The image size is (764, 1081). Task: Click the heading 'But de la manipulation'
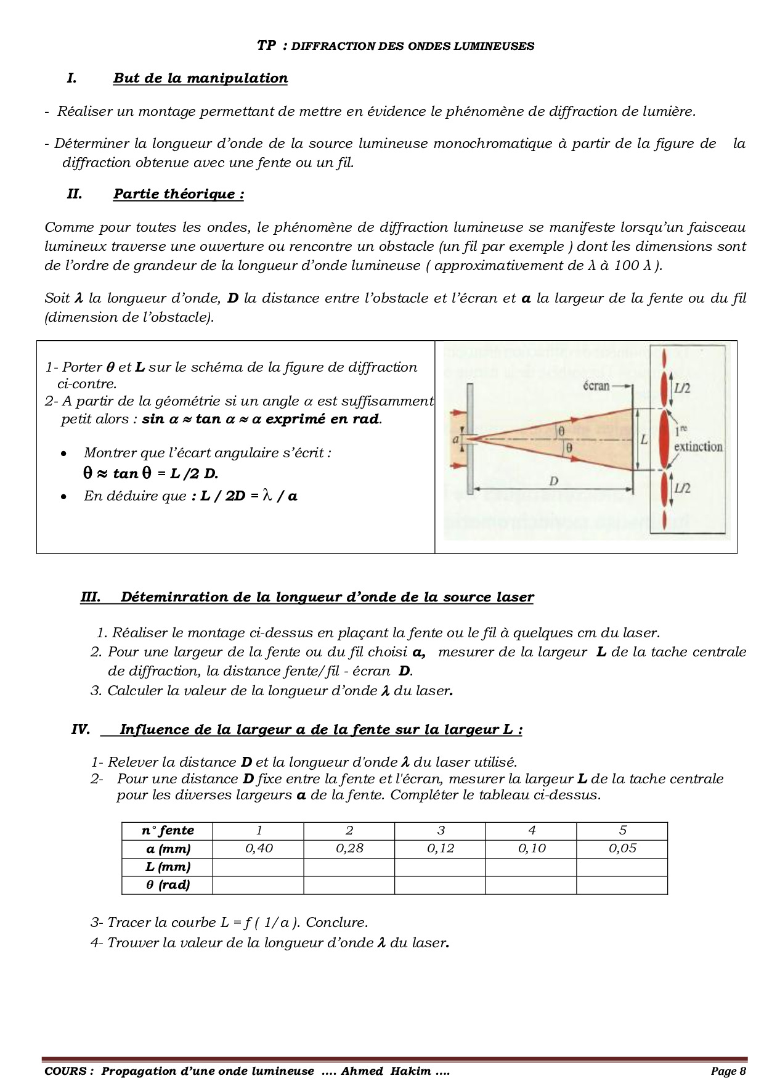coord(200,78)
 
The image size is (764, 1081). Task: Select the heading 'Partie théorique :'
coord(179,194)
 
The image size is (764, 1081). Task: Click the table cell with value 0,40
coord(259,849)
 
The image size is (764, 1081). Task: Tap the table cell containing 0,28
coord(349,849)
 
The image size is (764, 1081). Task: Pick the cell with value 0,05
coord(622,849)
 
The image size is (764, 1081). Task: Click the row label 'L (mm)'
coord(168,867)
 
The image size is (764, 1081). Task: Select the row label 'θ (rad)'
coord(168,885)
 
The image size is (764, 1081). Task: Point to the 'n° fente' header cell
coord(168,831)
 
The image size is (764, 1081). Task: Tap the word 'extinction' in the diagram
coord(698,446)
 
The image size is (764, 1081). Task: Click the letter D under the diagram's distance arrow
coord(553,481)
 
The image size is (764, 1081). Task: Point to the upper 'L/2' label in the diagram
coord(681,389)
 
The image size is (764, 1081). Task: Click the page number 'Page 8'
coord(728,1071)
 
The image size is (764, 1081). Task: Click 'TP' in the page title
coord(266,46)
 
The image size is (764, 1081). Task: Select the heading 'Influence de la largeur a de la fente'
coord(320,730)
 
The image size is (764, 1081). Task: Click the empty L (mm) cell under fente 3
coord(440,867)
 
